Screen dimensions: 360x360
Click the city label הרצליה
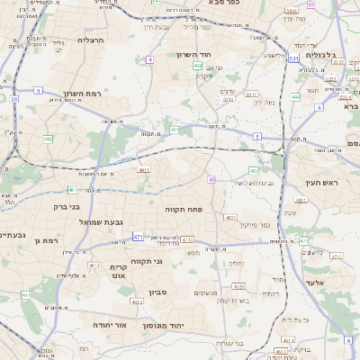(92, 40)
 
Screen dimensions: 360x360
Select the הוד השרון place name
(217, 56)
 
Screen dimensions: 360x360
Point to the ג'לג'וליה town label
(319, 55)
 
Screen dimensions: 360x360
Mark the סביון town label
(159, 293)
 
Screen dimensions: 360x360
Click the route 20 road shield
(14, 99)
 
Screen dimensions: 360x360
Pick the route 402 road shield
(198, 66)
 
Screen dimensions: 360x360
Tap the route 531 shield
(293, 58)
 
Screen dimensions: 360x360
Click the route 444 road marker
(295, 96)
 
